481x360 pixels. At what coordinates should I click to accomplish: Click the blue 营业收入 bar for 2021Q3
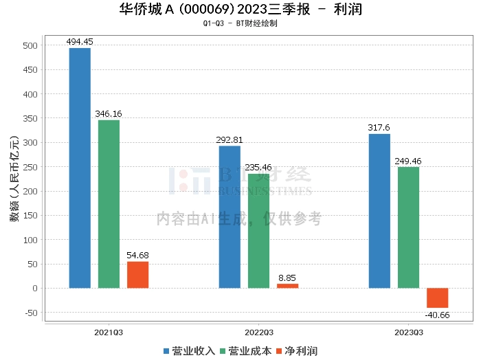coord(80,168)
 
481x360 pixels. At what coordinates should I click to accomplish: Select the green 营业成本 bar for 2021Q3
coord(109,204)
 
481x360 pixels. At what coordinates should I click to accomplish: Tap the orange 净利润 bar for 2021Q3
coord(137,274)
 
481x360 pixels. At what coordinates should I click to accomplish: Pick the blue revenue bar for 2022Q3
coord(230,216)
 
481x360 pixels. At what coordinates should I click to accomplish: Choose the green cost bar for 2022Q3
coord(258,231)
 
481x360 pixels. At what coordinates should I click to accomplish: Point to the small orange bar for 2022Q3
coord(287,285)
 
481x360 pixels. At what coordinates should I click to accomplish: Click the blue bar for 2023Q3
coord(379,211)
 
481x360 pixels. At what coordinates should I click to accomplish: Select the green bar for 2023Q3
coord(408,227)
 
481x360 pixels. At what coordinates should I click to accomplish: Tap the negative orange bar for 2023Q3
coord(437,297)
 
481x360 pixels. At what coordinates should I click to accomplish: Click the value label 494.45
coord(80,42)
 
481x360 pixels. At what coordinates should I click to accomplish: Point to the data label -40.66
coord(437,315)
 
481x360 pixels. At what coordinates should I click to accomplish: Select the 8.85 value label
coord(287,278)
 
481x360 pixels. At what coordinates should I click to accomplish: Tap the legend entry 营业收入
coord(190,351)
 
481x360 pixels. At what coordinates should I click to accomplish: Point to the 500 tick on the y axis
coord(31,46)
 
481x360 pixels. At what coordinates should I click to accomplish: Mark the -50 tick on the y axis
coord(30,313)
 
